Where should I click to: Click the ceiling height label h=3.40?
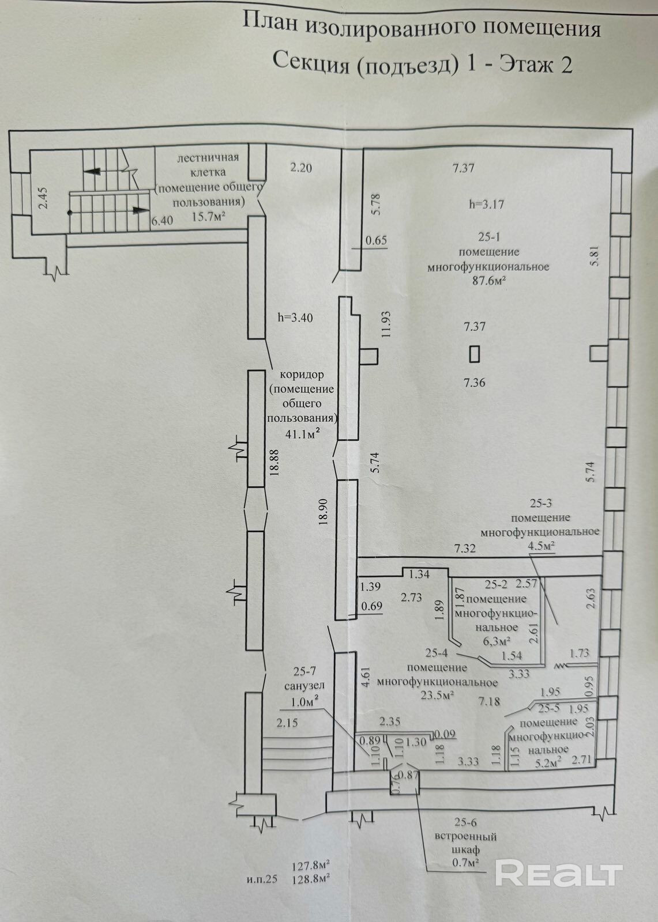click(295, 318)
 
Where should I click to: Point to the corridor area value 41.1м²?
click(303, 434)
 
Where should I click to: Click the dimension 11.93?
click(386, 324)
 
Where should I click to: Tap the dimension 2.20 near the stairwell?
click(300, 168)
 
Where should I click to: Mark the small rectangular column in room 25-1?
click(475, 353)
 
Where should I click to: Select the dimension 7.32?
click(465, 549)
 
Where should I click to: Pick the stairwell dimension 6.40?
click(162, 220)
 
